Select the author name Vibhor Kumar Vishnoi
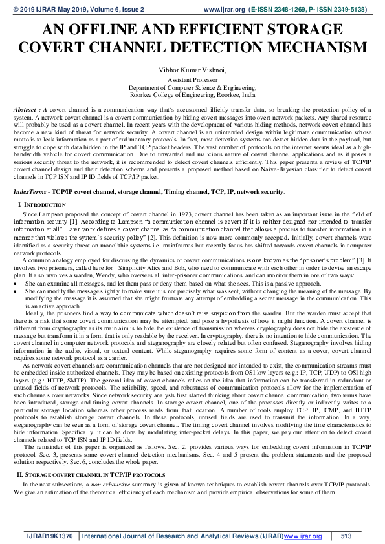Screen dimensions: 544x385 tap(192, 69)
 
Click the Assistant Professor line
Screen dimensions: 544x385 tap(192, 80)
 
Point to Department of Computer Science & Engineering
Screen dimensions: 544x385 tap(192, 87)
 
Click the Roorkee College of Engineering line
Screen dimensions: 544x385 tap(192, 94)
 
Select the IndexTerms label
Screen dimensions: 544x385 tap(30, 174)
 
